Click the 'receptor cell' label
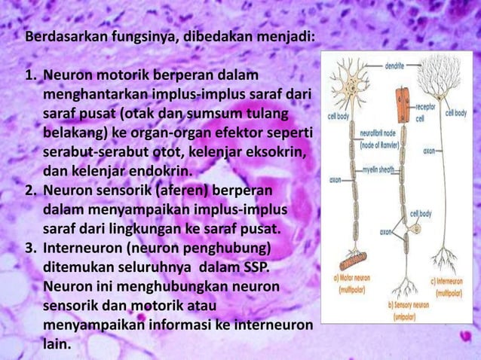pos(427,112)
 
